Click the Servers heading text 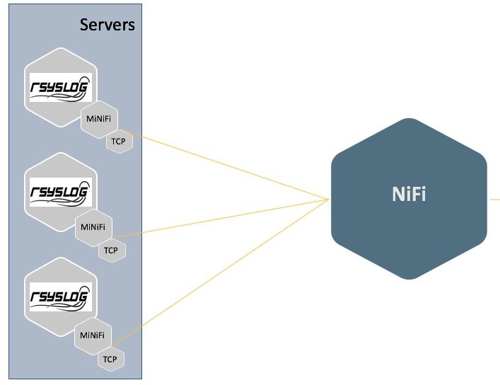point(106,25)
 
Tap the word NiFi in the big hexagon point(409,195)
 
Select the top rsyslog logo point(60,88)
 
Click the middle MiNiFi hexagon point(93,226)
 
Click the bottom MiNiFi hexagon point(94,335)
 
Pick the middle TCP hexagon point(110,250)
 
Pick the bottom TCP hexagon point(110,359)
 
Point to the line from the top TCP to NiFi point(226,166)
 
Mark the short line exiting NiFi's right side point(494,200)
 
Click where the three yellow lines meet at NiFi point(329,200)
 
